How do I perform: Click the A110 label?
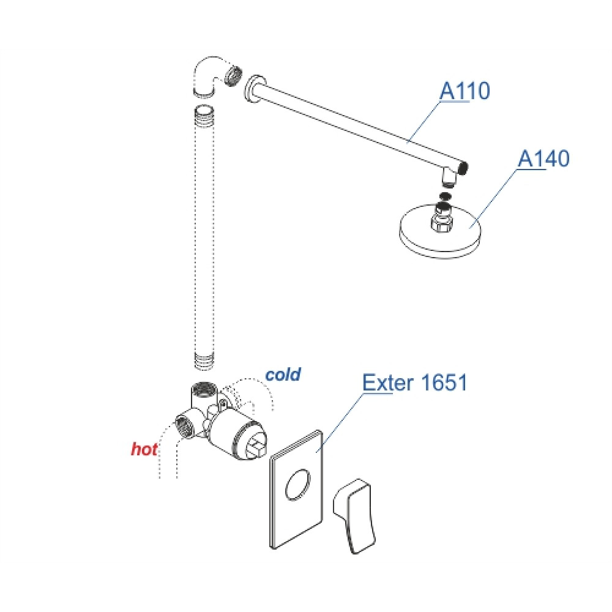coord(465,91)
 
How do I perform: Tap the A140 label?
coord(543,159)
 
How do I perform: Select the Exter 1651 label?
coord(414,382)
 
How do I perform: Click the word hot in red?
coord(144,449)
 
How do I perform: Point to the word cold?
coord(283,375)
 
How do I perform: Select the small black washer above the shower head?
coord(445,196)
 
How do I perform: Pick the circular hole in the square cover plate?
coord(298,484)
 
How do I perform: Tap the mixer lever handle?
coord(354,515)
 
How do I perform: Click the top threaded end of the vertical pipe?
coord(204,112)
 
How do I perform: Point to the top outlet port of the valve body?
coord(203,389)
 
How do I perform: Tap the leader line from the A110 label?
coord(424,122)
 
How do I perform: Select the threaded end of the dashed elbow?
coord(233,74)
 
